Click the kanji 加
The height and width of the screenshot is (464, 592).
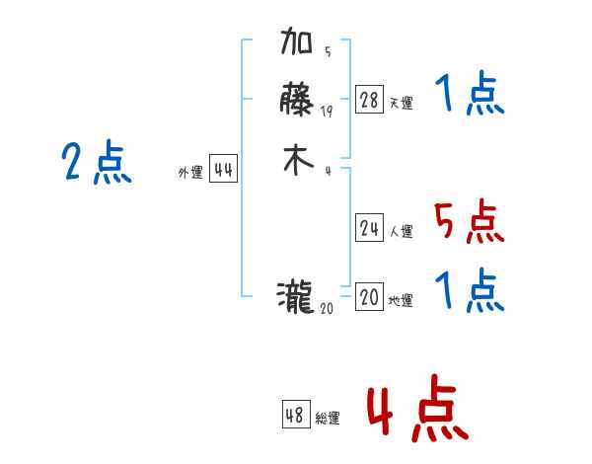coord(297,44)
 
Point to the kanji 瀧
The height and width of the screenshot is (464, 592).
coord(297,295)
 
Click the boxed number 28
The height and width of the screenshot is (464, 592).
coord(369,100)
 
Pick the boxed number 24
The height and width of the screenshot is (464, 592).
coord(369,229)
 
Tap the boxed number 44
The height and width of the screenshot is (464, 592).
coord(223,170)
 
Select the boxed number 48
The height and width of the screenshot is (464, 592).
coord(295,416)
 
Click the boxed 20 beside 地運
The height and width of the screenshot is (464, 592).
coord(369,297)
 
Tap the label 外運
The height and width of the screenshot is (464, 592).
coord(189,173)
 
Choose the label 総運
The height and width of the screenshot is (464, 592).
coord(328,419)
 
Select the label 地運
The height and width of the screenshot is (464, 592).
coord(401,301)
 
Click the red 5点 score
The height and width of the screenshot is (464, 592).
coord(469,222)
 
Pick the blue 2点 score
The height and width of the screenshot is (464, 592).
coord(96,163)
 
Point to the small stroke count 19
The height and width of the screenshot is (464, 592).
coord(327,112)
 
